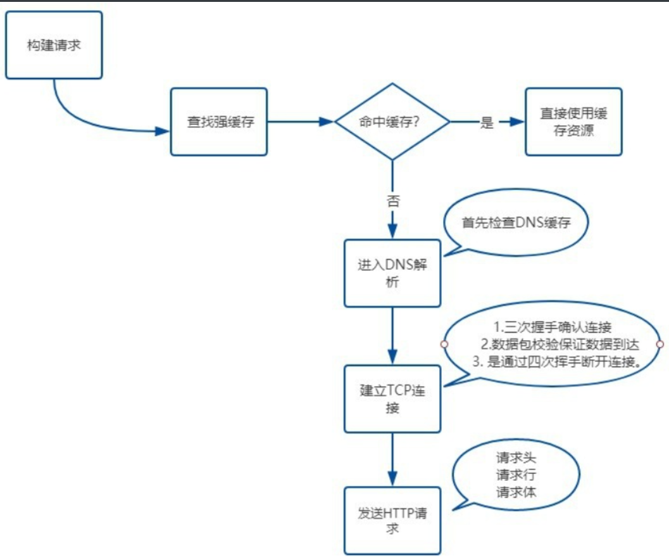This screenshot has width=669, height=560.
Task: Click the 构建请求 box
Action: click(x=54, y=46)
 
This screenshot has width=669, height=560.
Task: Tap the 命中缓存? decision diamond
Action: click(x=392, y=122)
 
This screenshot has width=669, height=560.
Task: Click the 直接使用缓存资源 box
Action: click(x=574, y=122)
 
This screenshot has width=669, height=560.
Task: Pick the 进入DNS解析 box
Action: click(x=392, y=273)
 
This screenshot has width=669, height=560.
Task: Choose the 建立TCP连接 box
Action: click(x=392, y=398)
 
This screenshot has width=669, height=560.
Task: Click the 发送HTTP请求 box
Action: click(x=392, y=520)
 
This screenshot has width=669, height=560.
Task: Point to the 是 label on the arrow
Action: click(x=486, y=124)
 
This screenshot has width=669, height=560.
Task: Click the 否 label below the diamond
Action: click(x=392, y=201)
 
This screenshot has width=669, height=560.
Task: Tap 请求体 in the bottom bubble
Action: click(x=516, y=492)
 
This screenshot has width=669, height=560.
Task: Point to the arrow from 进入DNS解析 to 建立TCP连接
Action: click(x=392, y=336)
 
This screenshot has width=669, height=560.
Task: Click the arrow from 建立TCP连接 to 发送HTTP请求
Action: click(x=392, y=459)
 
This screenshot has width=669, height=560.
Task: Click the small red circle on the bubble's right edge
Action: click(x=660, y=344)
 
